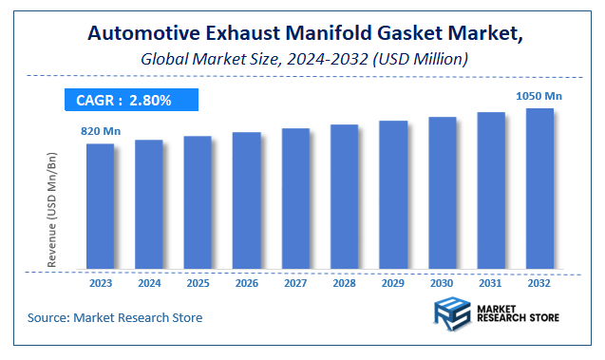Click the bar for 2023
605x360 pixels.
pyautogui.click(x=100, y=205)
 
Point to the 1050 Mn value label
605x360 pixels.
pyautogui.click(x=539, y=95)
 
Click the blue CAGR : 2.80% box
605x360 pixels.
pyautogui.click(x=130, y=99)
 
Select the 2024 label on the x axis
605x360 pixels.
pyautogui.click(x=149, y=282)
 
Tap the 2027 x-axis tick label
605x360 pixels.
pyautogui.click(x=295, y=282)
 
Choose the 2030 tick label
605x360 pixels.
pyautogui.click(x=442, y=282)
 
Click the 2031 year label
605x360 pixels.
pyautogui.click(x=491, y=282)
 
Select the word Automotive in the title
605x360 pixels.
pyautogui.click(x=142, y=33)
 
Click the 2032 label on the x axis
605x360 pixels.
pyautogui.click(x=539, y=282)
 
